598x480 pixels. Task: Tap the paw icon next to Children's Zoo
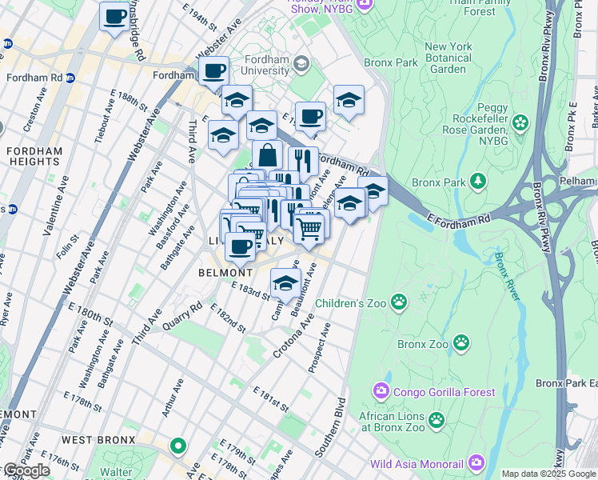pos(398,302)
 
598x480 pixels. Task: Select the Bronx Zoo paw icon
pos(461,343)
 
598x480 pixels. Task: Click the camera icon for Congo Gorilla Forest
pos(381,392)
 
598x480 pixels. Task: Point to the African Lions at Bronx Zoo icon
pos(437,419)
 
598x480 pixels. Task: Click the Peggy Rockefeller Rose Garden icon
pos(521,123)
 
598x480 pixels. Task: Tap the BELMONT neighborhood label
pos(214,272)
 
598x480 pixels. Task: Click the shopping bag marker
pos(267,154)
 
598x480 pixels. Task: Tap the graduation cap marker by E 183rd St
pos(285,282)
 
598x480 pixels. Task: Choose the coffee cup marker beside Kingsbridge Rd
pos(114,15)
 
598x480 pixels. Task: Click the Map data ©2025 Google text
pos(548,474)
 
